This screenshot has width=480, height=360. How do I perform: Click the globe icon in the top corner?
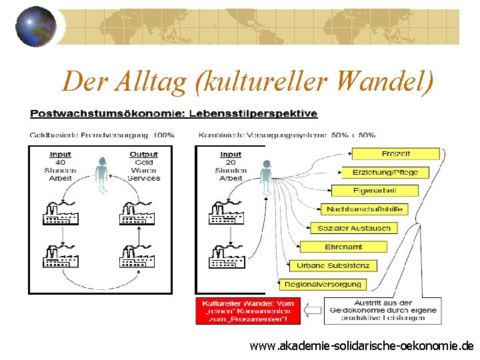tap(35, 26)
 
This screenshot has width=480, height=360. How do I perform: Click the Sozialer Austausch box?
tap(354, 228)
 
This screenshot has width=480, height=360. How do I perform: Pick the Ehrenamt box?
tap(343, 247)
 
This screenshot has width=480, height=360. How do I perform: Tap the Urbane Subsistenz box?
tap(333, 265)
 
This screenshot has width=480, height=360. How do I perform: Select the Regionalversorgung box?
tap(322, 284)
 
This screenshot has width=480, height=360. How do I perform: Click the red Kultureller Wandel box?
tap(247, 311)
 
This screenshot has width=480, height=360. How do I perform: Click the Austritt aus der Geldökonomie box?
tap(381, 311)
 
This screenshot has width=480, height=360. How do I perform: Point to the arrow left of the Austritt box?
tap(313, 310)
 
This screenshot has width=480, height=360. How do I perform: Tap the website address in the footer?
tap(361, 345)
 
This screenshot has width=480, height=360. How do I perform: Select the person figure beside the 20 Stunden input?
tap(266, 174)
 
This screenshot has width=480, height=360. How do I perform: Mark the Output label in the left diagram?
tap(144, 155)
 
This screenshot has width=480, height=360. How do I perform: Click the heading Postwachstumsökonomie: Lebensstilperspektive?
tap(173, 113)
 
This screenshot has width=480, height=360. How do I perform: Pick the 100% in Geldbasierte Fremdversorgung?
tap(164, 135)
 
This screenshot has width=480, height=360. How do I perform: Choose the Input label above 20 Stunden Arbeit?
tap(231, 155)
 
